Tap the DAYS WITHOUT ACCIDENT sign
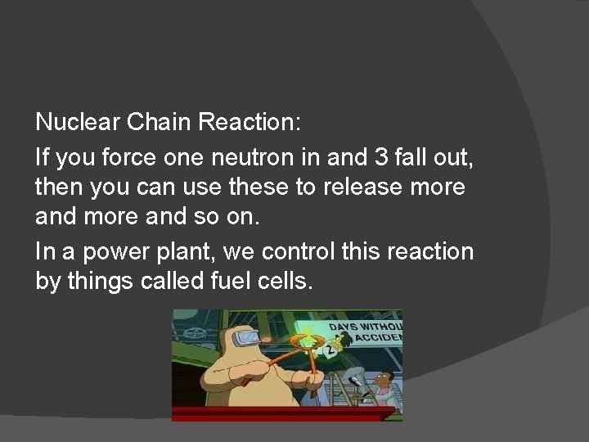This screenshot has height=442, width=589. coord(366,331)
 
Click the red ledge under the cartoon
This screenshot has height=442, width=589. coord(286,415)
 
